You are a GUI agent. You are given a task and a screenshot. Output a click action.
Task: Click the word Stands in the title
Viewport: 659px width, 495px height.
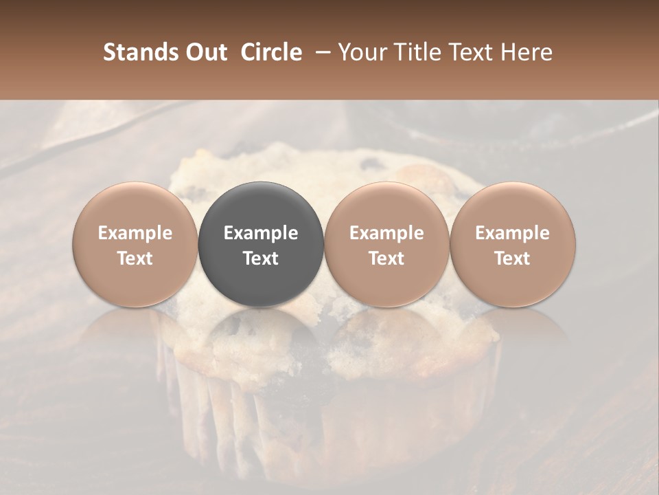click(137, 52)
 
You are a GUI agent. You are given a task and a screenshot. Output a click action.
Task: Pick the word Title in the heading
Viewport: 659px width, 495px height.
click(416, 52)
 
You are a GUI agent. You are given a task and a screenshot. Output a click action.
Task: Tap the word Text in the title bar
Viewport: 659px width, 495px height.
click(470, 52)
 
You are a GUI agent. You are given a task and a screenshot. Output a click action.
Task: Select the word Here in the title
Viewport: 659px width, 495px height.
click(527, 52)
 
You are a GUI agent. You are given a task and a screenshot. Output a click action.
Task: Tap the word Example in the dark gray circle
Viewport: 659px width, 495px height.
click(261, 233)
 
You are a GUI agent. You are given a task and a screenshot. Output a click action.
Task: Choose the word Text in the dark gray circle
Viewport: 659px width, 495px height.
click(261, 258)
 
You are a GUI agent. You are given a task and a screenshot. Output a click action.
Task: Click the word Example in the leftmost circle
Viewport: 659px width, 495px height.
click(135, 233)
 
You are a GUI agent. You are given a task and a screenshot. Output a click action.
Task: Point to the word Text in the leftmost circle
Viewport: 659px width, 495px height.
click(135, 258)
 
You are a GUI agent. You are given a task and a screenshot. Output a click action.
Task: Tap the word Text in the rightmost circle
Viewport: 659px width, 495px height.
click(513, 258)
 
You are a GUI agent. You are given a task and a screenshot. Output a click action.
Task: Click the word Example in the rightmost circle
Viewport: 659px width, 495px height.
click(513, 233)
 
